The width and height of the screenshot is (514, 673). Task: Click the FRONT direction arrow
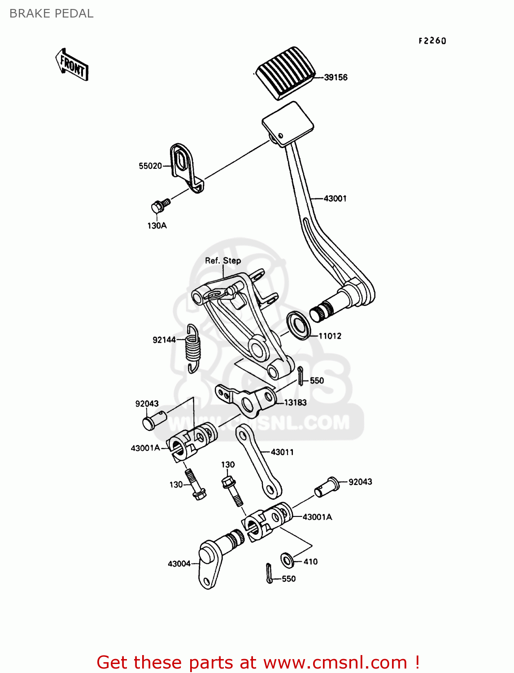coord(72,65)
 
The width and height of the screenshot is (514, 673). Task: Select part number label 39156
coord(335,78)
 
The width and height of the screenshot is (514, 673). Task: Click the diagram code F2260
coord(432,41)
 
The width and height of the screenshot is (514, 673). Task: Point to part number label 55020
coord(150,166)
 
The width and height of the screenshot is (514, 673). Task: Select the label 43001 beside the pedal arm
coord(335,198)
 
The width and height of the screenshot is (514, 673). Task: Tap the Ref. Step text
coord(223,261)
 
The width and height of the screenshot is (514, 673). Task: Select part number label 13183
coord(295,402)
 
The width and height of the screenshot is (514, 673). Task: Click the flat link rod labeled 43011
coord(259,461)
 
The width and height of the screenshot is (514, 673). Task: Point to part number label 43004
coord(179,564)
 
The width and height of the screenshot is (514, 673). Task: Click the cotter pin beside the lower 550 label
coord(269,573)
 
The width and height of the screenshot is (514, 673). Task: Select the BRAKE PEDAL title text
coord(52,14)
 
